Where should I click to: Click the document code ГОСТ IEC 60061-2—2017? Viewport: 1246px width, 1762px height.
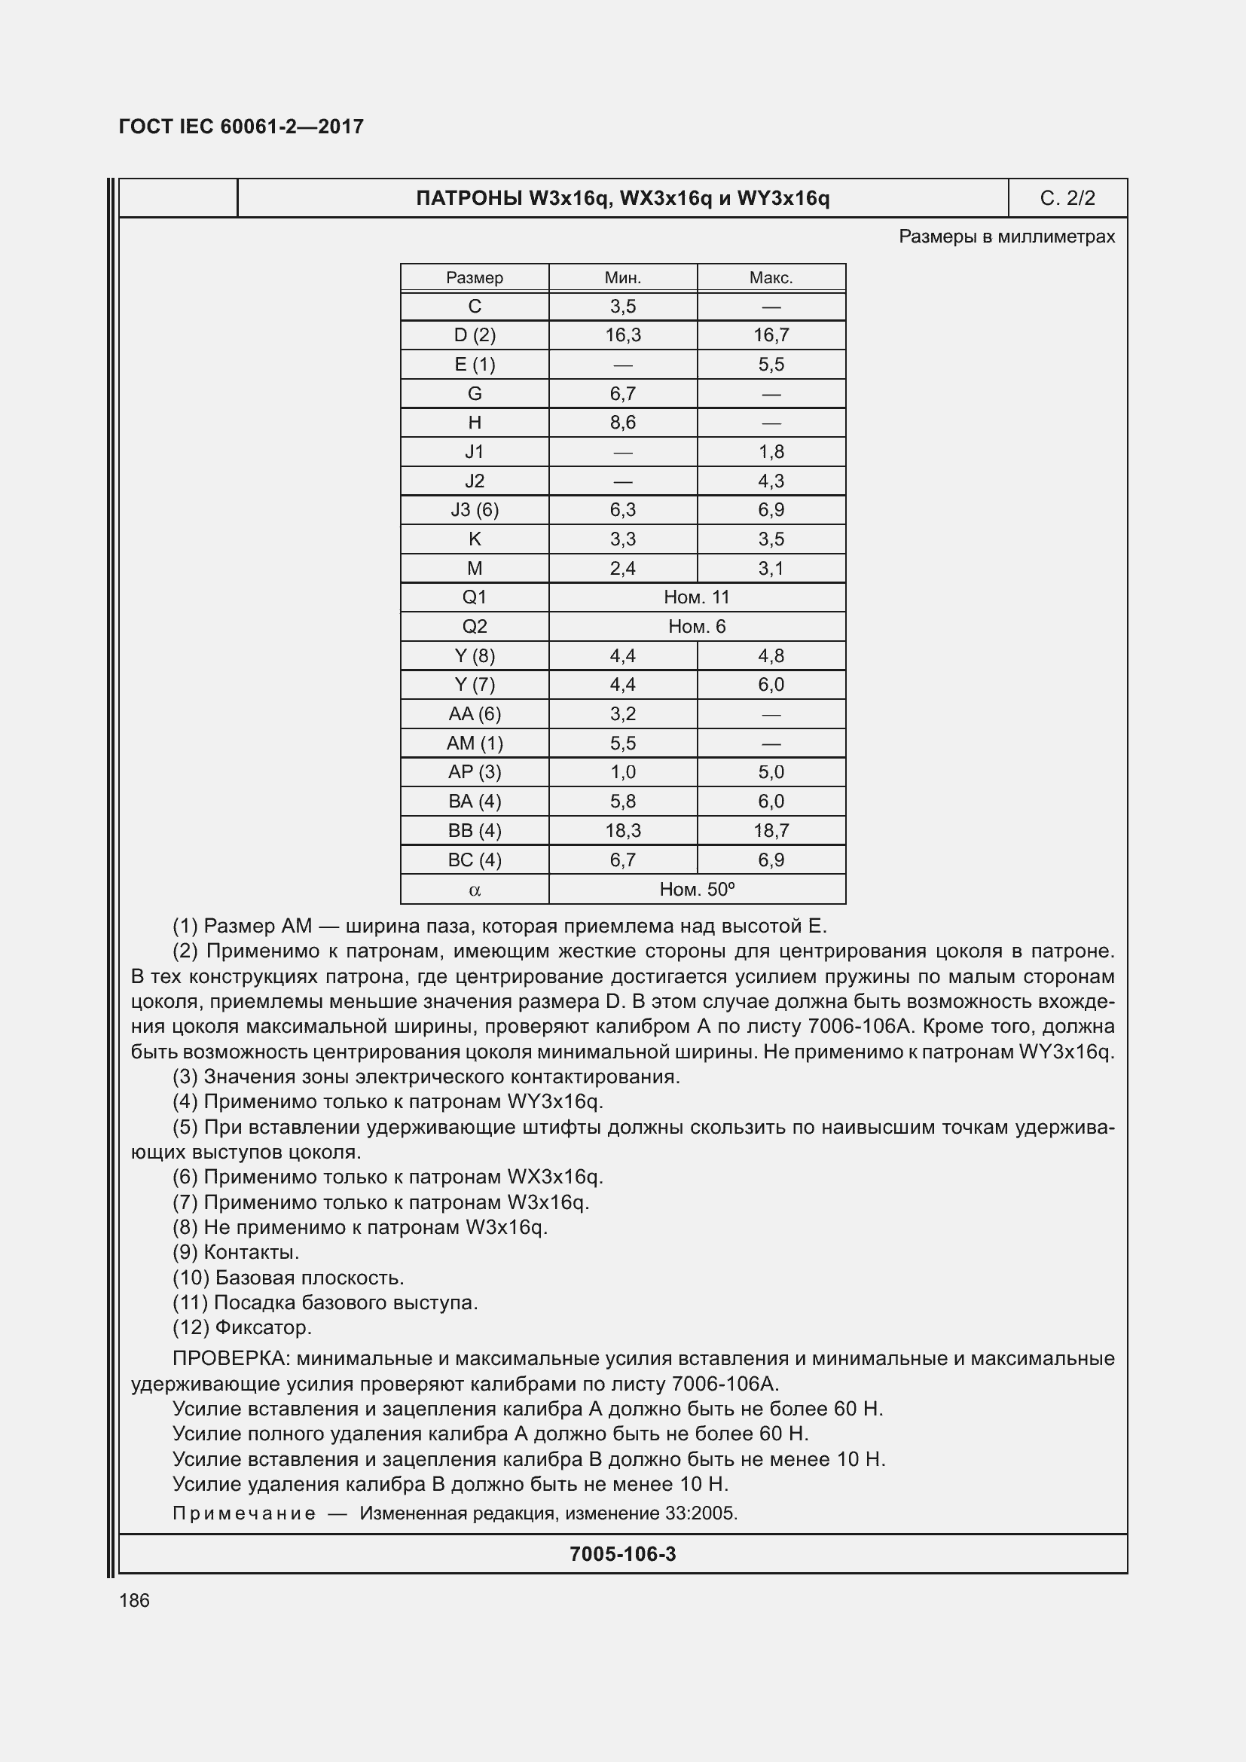pyautogui.click(x=241, y=127)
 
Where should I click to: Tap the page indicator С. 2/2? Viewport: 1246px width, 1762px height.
pyautogui.click(x=1067, y=198)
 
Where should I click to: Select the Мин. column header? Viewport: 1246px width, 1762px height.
pyautogui.click(x=622, y=278)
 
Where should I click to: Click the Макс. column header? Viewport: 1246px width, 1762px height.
pyautogui.click(x=771, y=278)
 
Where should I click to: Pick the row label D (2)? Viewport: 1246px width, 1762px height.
pyautogui.click(x=474, y=335)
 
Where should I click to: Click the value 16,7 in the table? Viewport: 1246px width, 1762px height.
pyautogui.click(x=771, y=335)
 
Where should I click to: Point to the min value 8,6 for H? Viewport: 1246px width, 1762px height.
pyautogui.click(x=622, y=423)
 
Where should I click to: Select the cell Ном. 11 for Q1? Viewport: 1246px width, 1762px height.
pyautogui.click(x=697, y=597)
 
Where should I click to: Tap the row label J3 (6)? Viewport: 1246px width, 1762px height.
pyautogui.click(x=474, y=509)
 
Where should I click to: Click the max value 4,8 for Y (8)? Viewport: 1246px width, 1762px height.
pyautogui.click(x=771, y=656)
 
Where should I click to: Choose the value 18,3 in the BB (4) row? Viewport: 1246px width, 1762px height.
pyautogui.click(x=622, y=830)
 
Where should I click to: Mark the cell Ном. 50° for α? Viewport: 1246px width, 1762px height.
pyautogui.click(x=697, y=890)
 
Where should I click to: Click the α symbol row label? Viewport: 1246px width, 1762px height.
pyautogui.click(x=474, y=890)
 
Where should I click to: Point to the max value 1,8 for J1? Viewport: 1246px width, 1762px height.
pyautogui.click(x=771, y=452)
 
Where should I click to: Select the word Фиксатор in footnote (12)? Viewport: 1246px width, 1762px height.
pyautogui.click(x=263, y=1327)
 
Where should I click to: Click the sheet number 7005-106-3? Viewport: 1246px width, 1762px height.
pyautogui.click(x=622, y=1554)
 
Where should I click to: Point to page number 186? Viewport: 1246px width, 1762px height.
pyautogui.click(x=134, y=1600)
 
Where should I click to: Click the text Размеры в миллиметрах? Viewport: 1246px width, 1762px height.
pyautogui.click(x=1006, y=237)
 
